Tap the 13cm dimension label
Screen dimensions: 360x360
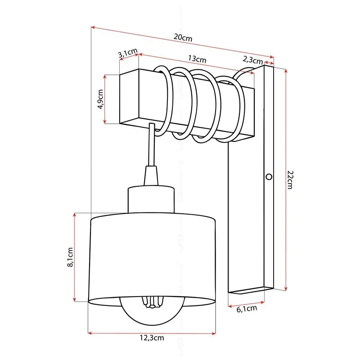(x=197, y=59)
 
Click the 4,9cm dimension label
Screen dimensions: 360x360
(x=100, y=99)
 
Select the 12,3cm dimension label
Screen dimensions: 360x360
(x=151, y=339)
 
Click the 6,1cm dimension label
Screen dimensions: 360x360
(x=247, y=309)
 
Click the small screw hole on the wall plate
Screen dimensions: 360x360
(x=269, y=176)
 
